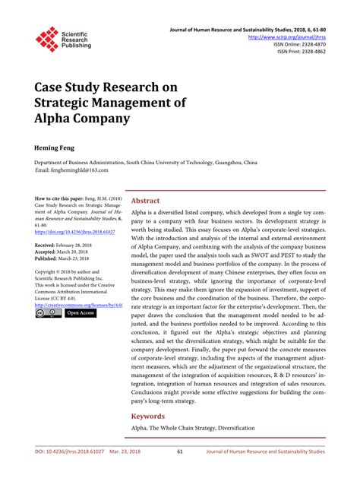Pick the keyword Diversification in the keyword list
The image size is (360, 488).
coord(232,429)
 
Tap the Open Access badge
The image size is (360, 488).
coord(80,312)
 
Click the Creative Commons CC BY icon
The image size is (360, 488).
coord(49,312)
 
